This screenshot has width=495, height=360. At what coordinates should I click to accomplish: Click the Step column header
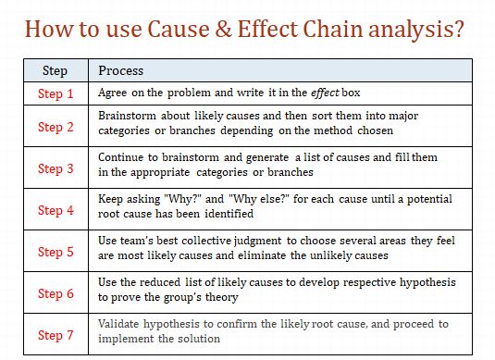coord(55,70)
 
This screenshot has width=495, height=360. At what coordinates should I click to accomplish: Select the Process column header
coord(120,70)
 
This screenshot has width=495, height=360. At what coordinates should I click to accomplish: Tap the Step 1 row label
coord(56,93)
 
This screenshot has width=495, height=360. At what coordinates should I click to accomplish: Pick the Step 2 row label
coord(56,127)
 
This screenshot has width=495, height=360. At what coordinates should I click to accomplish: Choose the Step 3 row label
coord(56,168)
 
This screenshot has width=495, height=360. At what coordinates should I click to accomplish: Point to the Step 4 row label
coord(56,210)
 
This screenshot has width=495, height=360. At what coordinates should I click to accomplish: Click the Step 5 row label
coord(56,252)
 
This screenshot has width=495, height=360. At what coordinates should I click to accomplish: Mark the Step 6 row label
coord(56,293)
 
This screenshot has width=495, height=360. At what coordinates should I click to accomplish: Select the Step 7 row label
coord(56,334)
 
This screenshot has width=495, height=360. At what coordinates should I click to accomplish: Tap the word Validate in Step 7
coord(121,324)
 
